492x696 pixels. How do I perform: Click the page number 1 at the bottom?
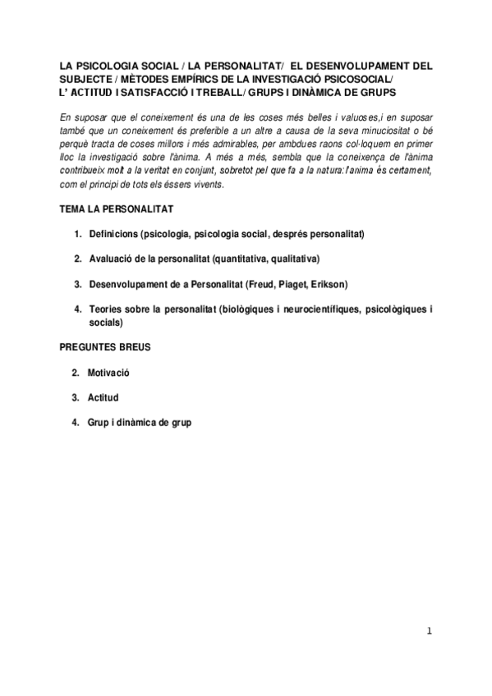coord(429,631)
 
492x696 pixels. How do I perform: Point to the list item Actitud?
coord(103,397)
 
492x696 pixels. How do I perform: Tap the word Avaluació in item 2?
coord(109,259)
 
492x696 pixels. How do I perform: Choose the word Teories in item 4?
coord(104,309)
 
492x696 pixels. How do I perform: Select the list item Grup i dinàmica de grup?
coord(140,423)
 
